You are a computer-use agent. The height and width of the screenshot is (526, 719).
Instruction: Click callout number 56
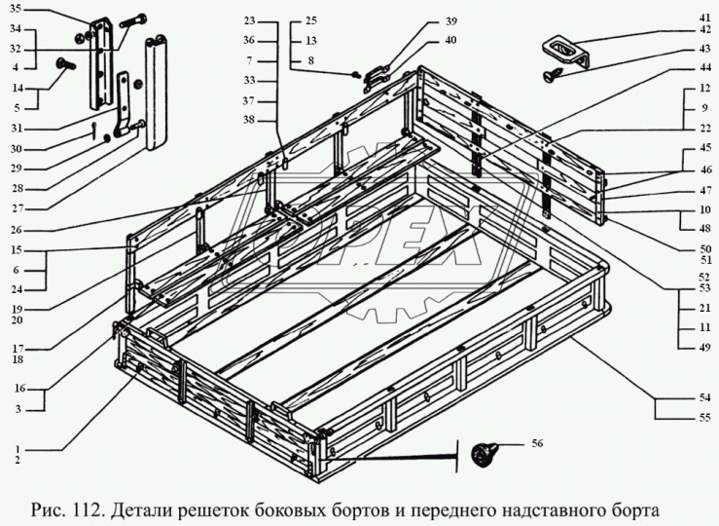click(538, 444)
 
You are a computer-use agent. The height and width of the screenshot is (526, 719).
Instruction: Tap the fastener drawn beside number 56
click(484, 452)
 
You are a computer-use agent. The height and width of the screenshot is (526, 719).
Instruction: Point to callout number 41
click(704, 16)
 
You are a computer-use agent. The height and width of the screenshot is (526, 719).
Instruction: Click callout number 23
click(249, 20)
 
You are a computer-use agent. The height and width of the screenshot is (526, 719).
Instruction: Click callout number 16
click(18, 388)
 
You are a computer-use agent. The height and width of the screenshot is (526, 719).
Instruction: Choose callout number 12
click(704, 89)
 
